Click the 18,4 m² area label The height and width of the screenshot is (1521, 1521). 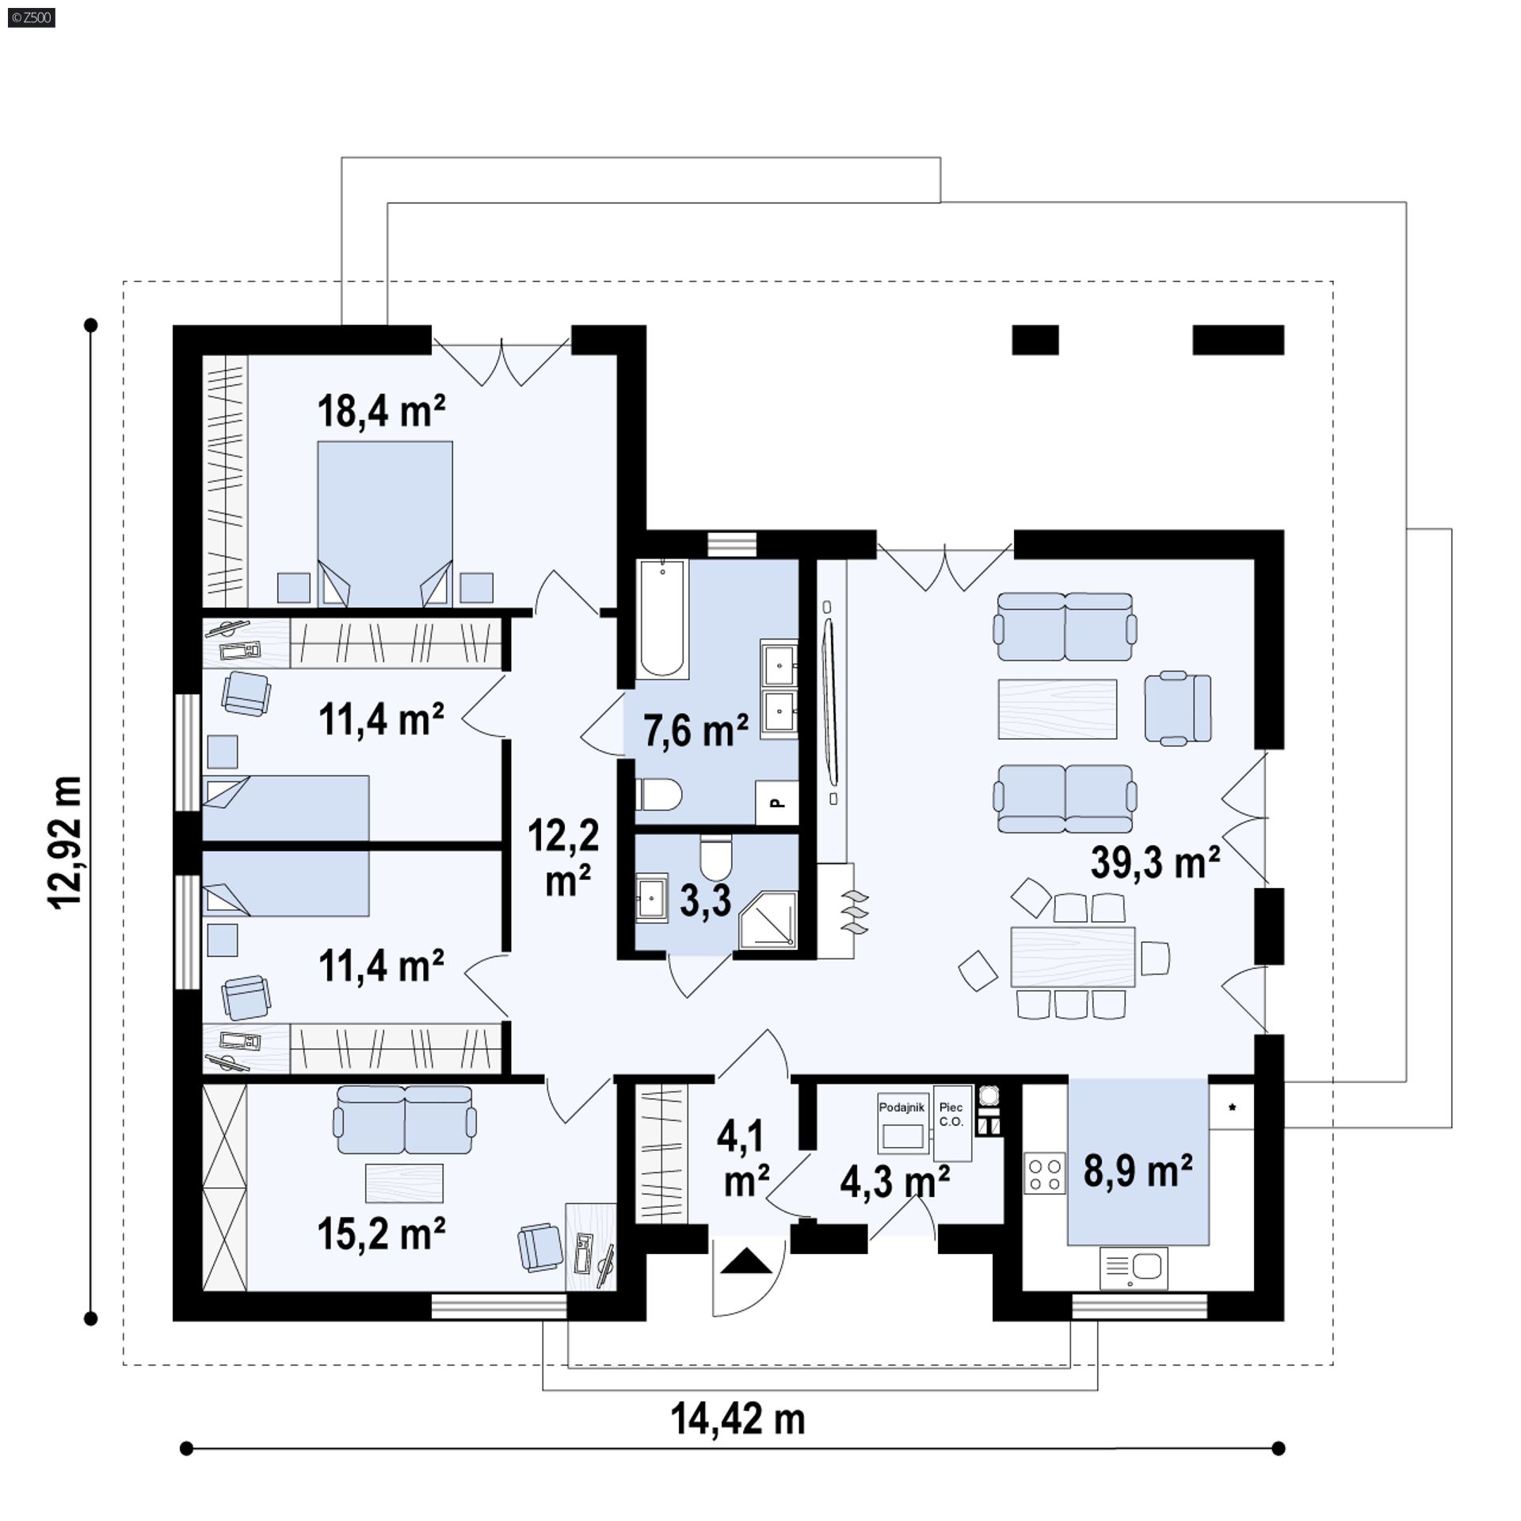(x=381, y=412)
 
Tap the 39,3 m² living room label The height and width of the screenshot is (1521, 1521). (x=1155, y=861)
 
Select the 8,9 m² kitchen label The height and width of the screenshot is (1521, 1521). (x=1138, y=1171)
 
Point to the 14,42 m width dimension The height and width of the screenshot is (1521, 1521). (x=738, y=1419)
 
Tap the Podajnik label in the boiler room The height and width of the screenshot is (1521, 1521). (x=902, y=1108)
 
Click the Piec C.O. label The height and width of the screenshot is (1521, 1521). (x=951, y=1115)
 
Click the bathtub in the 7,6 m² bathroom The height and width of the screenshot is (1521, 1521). (x=661, y=619)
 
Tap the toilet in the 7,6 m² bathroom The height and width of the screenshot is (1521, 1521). (x=658, y=794)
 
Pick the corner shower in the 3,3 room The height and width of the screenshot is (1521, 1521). (x=767, y=919)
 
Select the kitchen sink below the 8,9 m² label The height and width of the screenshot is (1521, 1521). (x=1134, y=1268)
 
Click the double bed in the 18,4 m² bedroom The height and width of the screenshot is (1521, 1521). (x=385, y=524)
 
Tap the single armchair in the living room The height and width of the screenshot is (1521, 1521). (x=1178, y=708)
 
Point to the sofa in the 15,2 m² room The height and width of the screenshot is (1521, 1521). (x=405, y=1119)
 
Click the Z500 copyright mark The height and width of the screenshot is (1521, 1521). (x=32, y=17)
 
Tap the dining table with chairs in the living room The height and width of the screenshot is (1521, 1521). (x=1073, y=955)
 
